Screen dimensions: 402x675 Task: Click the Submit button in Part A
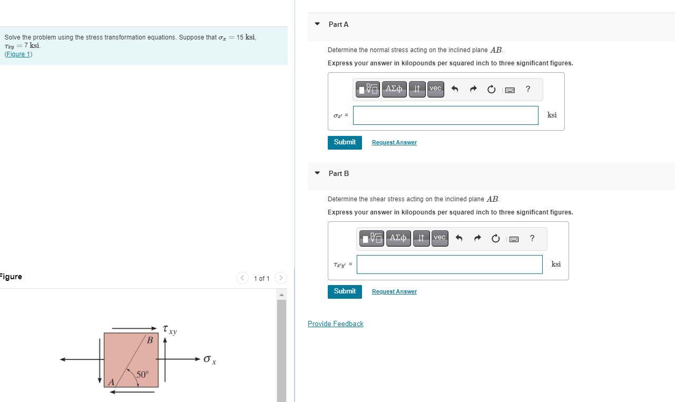click(x=345, y=142)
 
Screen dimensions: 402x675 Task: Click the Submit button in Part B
click(x=345, y=291)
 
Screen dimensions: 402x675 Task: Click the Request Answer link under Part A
click(x=394, y=143)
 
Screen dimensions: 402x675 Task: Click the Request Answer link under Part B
click(x=394, y=292)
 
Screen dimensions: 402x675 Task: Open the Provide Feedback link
click(x=335, y=324)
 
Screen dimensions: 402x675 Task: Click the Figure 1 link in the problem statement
click(x=18, y=54)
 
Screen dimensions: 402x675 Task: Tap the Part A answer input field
click(x=445, y=115)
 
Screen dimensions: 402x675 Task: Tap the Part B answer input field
click(x=449, y=264)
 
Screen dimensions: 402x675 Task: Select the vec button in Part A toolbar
click(x=435, y=89)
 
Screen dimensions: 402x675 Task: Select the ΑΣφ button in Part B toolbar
click(x=398, y=238)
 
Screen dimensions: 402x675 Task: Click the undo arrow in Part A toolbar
click(x=455, y=90)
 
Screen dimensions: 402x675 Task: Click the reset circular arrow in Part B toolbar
click(x=495, y=239)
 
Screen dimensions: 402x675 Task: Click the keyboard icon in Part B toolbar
click(x=514, y=239)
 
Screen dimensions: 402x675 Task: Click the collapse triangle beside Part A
click(x=317, y=24)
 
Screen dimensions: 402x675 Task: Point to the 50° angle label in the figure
click(x=142, y=375)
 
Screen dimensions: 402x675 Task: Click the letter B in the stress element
click(x=150, y=340)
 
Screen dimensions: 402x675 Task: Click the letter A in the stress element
click(x=111, y=382)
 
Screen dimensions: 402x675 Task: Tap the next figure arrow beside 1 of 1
click(x=281, y=278)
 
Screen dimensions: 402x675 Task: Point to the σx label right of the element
click(x=210, y=360)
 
